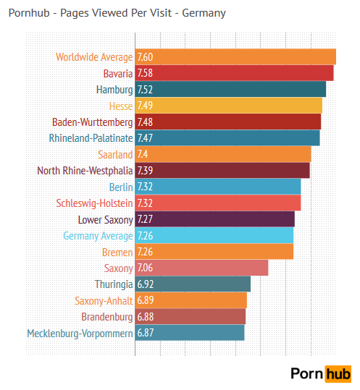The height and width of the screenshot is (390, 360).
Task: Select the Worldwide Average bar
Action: pos(235,57)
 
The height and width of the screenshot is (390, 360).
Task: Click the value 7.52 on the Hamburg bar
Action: pos(145,90)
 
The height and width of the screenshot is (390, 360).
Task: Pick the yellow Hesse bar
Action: pos(228,106)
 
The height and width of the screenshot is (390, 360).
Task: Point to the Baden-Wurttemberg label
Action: pos(92,122)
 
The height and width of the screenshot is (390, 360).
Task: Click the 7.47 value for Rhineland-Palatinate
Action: pos(145,138)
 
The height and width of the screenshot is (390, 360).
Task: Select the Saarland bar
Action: pos(223,154)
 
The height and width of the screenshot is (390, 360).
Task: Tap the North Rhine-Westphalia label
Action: pos(85,171)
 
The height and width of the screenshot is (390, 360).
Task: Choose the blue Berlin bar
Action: pos(217,187)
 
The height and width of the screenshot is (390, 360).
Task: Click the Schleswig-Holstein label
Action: pos(94,203)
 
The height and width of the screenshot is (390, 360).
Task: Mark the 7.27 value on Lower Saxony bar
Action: pos(145,219)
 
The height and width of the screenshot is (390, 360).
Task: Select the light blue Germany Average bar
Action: pos(214,235)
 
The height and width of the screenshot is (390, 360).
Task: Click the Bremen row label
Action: pos(117,252)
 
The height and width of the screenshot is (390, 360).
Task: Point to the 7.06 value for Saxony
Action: pos(145,268)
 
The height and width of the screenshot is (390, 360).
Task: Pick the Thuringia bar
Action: pos(193,284)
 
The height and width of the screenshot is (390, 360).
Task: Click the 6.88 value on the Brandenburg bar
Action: pos(145,317)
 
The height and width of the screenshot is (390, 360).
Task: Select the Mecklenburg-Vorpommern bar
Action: pos(190,333)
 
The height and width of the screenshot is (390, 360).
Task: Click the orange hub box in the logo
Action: pos(338,373)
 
